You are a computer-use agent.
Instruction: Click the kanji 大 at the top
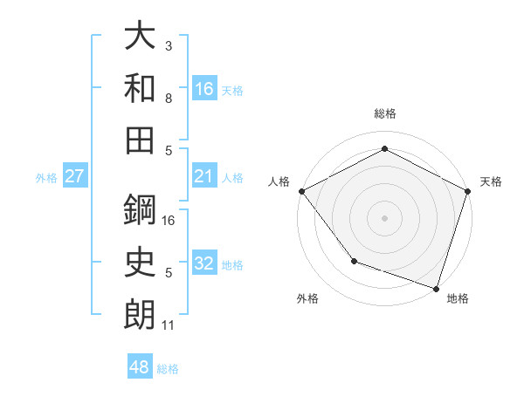coord(140,37)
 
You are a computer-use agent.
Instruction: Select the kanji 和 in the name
coord(140,87)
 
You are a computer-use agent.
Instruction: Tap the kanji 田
coord(140,139)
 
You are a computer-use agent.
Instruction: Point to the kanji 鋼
coord(140,209)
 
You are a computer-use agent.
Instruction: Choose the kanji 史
coord(140,261)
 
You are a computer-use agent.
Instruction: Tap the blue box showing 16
coord(204,88)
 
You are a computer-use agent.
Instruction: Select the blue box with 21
coord(204,177)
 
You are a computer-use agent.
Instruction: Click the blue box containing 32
coord(204,264)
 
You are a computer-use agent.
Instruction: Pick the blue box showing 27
coord(74,177)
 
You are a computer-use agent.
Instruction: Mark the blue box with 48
coord(140,368)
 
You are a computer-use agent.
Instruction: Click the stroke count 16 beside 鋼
coord(169,222)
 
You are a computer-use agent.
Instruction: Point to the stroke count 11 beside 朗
coord(169,325)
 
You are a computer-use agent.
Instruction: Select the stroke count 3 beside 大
coord(169,46)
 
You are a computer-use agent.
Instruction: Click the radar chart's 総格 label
coord(384,113)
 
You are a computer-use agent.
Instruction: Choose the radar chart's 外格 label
coord(307,299)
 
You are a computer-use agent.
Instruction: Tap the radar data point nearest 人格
coord(300,191)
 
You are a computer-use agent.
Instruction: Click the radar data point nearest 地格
coord(436,288)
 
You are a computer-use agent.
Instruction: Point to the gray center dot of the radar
coord(384,217)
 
